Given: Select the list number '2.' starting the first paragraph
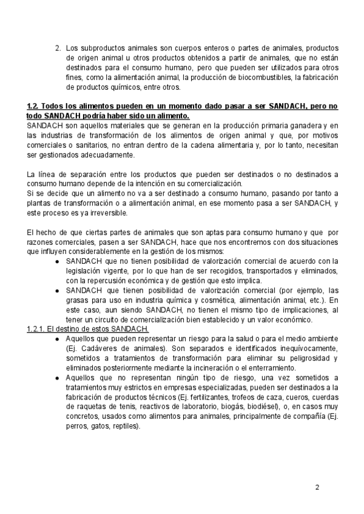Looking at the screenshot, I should point(58,47).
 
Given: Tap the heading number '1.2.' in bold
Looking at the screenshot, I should point(34,106).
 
